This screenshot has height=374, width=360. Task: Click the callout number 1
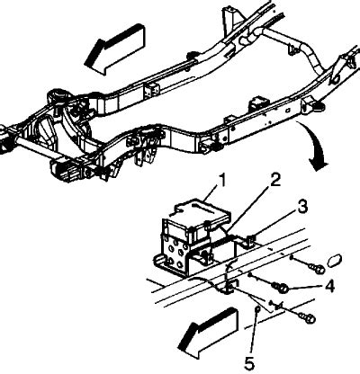click(x=222, y=181)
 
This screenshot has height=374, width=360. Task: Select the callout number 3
click(x=301, y=208)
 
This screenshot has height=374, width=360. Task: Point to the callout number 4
click(x=329, y=287)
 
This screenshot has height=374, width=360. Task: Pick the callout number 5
click(x=249, y=362)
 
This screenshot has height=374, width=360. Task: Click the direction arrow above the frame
click(x=114, y=49)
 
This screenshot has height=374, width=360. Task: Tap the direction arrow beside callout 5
click(x=207, y=333)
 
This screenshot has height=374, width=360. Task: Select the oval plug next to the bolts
click(x=334, y=261)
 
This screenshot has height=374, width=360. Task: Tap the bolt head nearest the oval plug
click(x=319, y=269)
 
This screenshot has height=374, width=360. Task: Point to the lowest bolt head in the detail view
click(x=310, y=319)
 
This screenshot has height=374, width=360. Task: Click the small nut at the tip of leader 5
click(x=256, y=309)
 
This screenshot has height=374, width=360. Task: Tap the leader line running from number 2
click(x=248, y=208)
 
